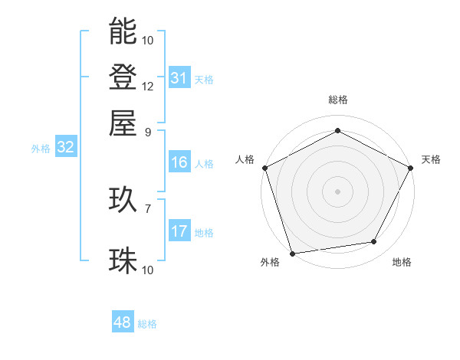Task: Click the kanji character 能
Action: (x=123, y=31)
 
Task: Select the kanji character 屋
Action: (x=123, y=123)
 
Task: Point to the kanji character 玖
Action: (x=123, y=201)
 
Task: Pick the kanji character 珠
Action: (x=123, y=261)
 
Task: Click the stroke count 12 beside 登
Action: (x=148, y=86)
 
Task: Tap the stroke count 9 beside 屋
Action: (x=148, y=131)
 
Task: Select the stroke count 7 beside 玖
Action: (x=148, y=208)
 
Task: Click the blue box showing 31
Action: (x=179, y=78)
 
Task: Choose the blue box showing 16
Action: (x=179, y=162)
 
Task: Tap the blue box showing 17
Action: (x=179, y=231)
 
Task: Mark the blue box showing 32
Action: (x=65, y=148)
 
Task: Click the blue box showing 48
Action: (x=123, y=322)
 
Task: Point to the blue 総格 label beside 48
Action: (x=147, y=324)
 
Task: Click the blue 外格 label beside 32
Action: (x=41, y=149)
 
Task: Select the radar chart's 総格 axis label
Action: (x=337, y=100)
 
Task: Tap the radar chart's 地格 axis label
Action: (x=402, y=263)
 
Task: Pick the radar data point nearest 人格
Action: (x=264, y=167)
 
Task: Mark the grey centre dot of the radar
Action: (x=337, y=191)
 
